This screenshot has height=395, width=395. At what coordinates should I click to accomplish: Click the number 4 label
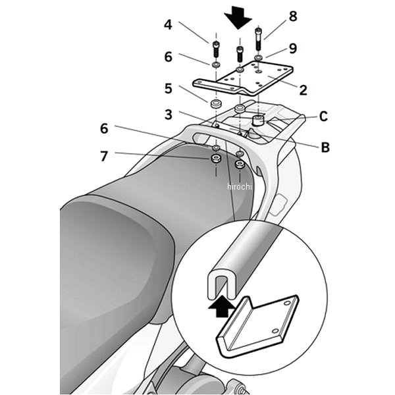(x=168, y=25)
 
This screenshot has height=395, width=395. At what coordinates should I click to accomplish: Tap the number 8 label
(x=293, y=15)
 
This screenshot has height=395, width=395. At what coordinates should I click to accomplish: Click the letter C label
(x=323, y=117)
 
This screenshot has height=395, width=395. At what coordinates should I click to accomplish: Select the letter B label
(x=325, y=147)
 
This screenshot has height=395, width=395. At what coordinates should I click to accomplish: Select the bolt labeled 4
(x=215, y=49)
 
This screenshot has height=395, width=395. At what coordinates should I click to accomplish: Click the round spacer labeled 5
(x=215, y=105)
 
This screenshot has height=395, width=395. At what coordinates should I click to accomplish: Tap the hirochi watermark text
(x=241, y=187)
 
